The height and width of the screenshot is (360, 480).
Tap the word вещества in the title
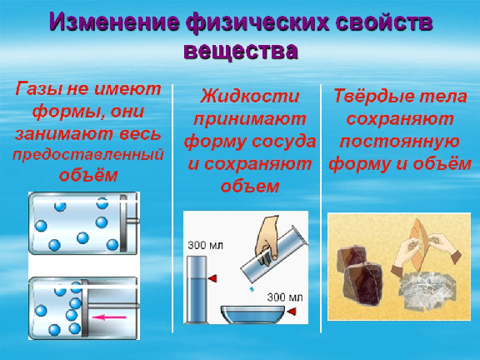pos(241,51)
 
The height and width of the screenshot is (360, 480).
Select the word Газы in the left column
pos(37,89)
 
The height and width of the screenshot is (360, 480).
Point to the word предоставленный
pos(88,156)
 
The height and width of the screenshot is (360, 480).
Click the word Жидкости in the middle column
pos(250,96)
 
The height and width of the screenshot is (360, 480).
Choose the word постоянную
pos(399,142)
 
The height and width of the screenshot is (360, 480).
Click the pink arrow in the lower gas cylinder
pos(109,317)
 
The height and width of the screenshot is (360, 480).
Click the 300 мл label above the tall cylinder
pos(205,245)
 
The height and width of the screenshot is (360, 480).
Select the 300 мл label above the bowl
pos(285,297)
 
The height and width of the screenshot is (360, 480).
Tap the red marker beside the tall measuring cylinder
pos(212,278)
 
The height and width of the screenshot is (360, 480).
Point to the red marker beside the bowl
pos(292,312)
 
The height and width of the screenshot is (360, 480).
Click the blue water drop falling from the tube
pos(252,288)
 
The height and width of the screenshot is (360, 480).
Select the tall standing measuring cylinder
pos(197,289)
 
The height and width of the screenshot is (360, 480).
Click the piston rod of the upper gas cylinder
pos(133,220)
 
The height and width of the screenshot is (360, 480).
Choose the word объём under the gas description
pos(88,175)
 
